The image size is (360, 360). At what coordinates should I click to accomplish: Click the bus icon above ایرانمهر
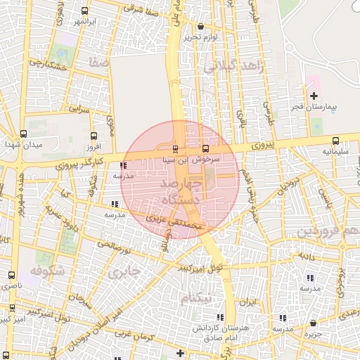(x=85, y=11)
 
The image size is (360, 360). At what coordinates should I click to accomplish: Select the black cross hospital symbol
(x=314, y=95)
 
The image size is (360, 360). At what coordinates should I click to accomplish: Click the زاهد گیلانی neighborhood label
(x=233, y=66)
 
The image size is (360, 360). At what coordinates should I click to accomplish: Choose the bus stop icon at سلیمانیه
(x=335, y=139)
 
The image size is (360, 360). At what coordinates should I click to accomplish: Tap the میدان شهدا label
(x=24, y=144)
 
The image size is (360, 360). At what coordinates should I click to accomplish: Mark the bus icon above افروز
(x=94, y=136)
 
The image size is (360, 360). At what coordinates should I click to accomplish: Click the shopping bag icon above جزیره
(x=313, y=323)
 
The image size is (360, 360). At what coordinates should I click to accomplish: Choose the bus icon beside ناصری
(x=11, y=276)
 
